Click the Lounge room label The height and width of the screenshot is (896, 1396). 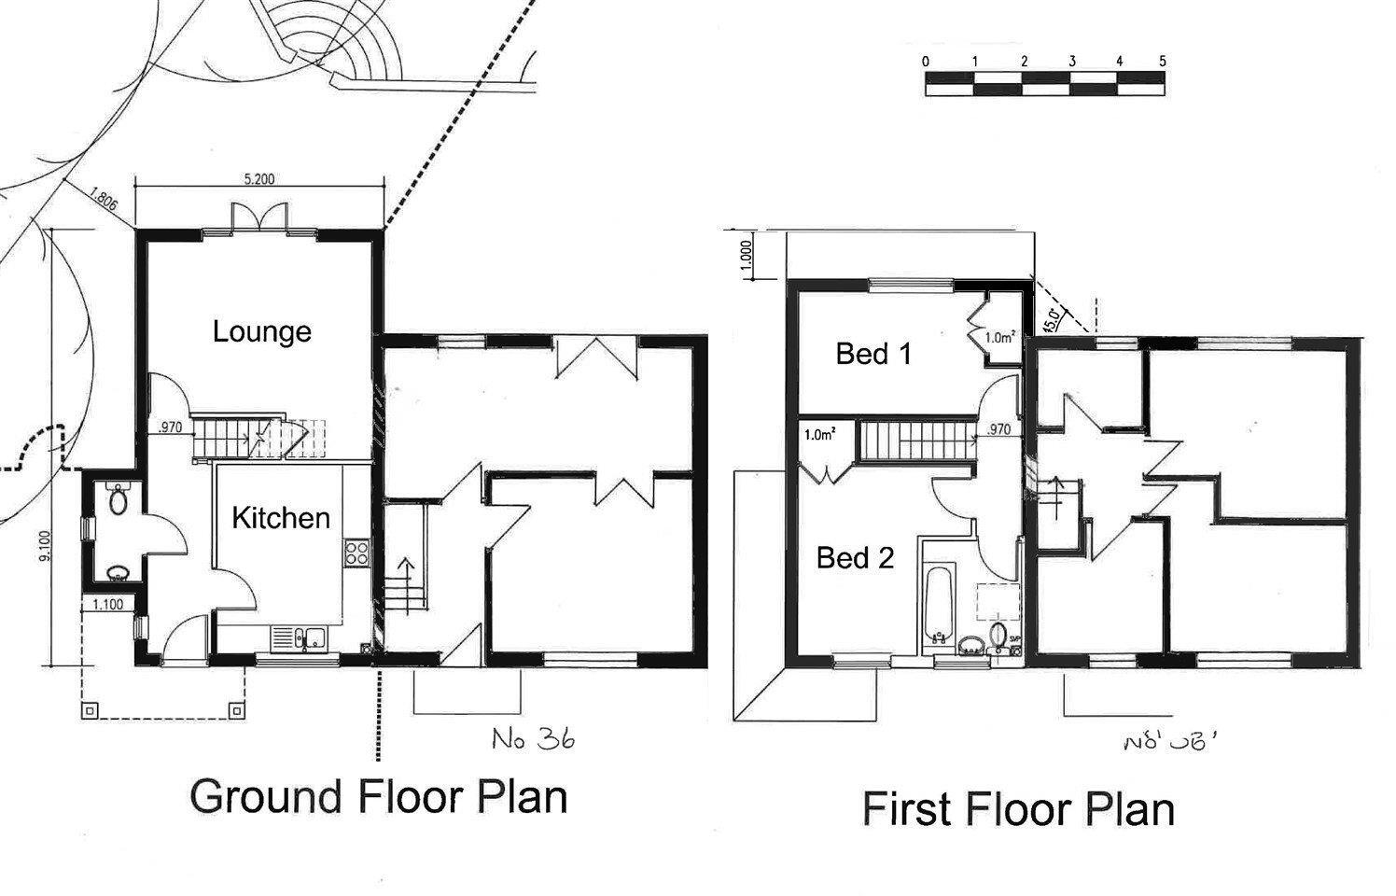point(261,331)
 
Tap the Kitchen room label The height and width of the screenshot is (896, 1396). point(280,518)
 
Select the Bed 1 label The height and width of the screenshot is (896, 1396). point(873,354)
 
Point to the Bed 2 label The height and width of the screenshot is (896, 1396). point(855,558)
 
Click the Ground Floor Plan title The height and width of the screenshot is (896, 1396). point(379,797)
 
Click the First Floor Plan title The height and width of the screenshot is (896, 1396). point(1018,808)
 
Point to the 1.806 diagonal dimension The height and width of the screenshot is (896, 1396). point(104,203)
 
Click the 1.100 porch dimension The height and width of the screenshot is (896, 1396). point(108,605)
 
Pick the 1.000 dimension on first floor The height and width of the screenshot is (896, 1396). point(746,255)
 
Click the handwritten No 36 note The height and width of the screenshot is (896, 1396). point(533,739)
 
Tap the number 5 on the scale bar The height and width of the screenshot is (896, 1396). point(1162,62)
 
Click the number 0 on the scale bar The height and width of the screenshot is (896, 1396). point(925,62)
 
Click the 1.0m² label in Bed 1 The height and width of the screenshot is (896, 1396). point(999,338)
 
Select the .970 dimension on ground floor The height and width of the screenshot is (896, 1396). point(170,428)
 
